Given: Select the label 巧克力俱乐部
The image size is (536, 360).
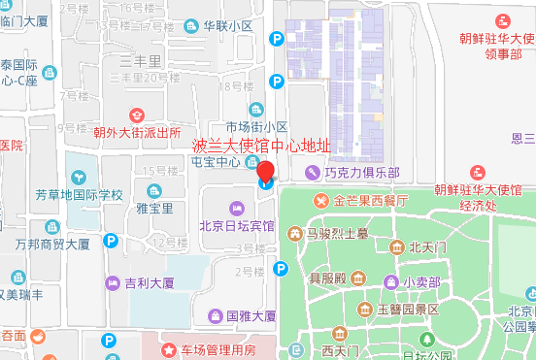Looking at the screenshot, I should pyautogui.click(x=361, y=173).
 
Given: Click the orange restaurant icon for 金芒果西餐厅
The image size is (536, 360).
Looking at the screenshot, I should pyautogui.click(x=320, y=201).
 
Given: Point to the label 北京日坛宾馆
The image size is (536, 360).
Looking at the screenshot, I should pyautogui.click(x=236, y=227).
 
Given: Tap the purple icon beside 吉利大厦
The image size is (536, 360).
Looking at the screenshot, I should pyautogui.click(x=112, y=283).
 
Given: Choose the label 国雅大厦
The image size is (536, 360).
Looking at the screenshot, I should pyautogui.click(x=251, y=316).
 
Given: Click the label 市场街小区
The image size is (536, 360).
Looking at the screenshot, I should pyautogui.click(x=256, y=127).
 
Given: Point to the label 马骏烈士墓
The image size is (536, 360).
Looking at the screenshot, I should pyautogui.click(x=336, y=233).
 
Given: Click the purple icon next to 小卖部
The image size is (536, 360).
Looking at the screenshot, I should pyautogui.click(x=388, y=282).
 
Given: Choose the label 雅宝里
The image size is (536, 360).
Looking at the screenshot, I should pyautogui.click(x=154, y=208).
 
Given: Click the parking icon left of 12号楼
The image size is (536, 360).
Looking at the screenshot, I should pyautogui.click(x=112, y=240).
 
